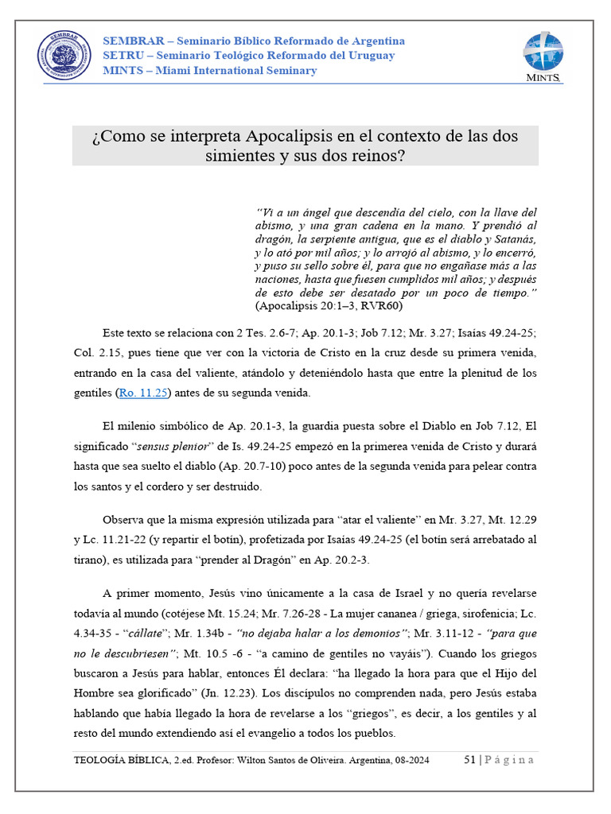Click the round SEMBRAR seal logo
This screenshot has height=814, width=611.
[x=65, y=56]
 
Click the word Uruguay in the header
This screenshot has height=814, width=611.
[x=372, y=56]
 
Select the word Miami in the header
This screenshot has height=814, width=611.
[x=174, y=71]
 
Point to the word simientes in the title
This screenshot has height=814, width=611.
[x=239, y=156]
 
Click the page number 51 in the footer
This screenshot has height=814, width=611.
[x=469, y=760]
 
